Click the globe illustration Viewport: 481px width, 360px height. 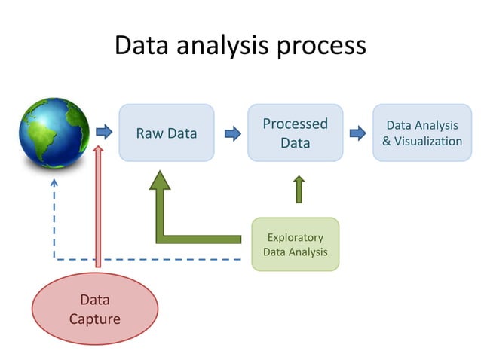click(x=54, y=133)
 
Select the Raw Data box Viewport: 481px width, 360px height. click(x=167, y=133)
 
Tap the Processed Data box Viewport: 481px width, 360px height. click(x=296, y=133)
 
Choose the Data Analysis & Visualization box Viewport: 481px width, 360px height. click(x=421, y=133)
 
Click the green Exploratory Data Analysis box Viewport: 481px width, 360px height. click(x=296, y=244)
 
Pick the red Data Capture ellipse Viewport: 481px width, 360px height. click(x=94, y=309)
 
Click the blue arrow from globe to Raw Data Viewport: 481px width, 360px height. click(x=103, y=133)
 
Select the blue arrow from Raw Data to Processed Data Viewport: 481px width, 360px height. click(x=231, y=133)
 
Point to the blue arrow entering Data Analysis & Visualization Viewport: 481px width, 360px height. click(x=357, y=133)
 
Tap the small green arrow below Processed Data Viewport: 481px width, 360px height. click(x=299, y=189)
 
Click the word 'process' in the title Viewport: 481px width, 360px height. click(x=320, y=46)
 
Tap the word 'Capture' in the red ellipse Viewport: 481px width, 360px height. click(x=94, y=319)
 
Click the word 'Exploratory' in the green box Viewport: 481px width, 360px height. click(x=296, y=236)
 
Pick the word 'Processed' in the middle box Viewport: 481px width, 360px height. click(x=296, y=124)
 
